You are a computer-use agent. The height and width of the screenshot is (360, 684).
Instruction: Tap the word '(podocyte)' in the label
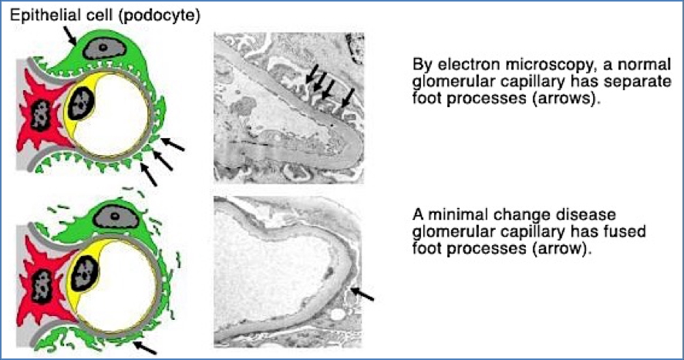(x=160, y=16)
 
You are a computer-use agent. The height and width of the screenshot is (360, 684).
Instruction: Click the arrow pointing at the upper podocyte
(x=69, y=35)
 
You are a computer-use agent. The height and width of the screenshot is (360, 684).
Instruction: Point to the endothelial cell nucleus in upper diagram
(x=82, y=103)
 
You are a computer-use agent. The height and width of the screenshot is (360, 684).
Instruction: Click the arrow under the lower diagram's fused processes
(x=145, y=348)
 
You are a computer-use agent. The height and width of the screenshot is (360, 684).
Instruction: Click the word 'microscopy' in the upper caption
(x=554, y=66)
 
